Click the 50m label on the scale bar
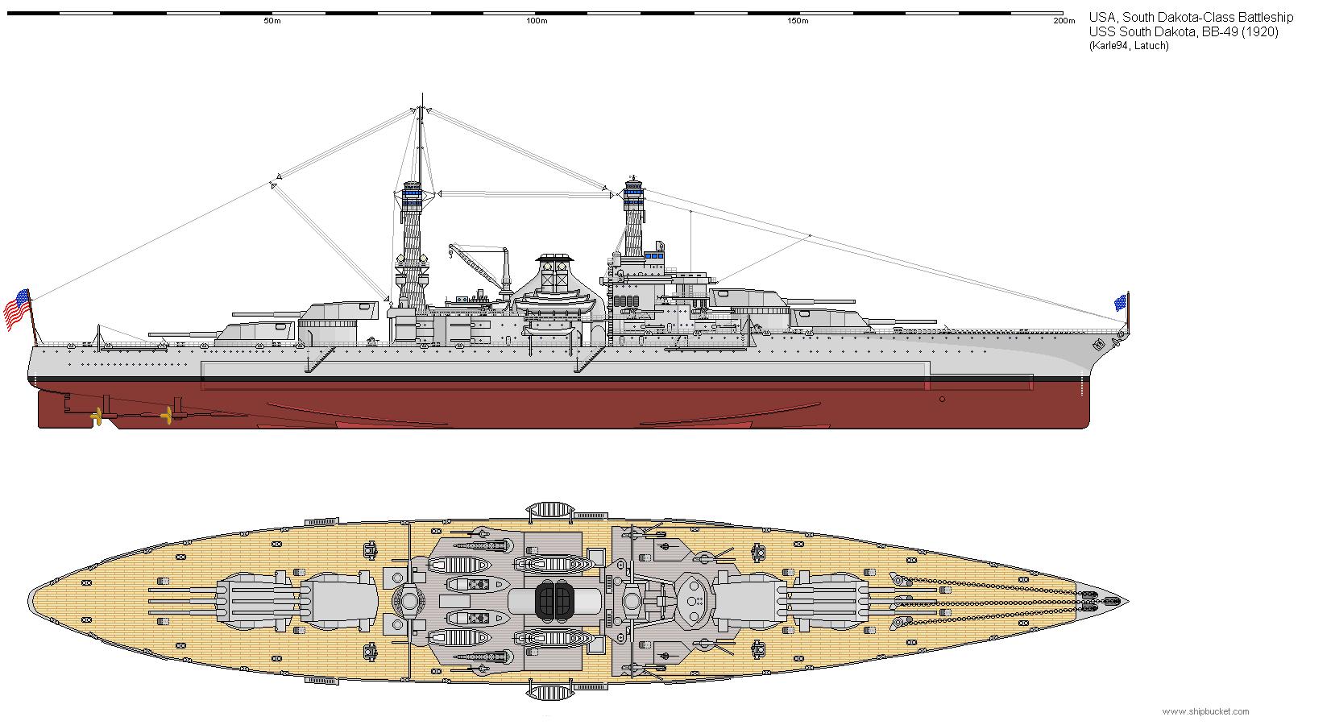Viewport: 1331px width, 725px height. (272, 22)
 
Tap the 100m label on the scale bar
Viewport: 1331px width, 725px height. (537, 22)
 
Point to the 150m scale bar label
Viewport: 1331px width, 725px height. (798, 22)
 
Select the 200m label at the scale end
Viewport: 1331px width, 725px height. (1064, 22)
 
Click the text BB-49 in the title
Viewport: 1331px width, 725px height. (1214, 32)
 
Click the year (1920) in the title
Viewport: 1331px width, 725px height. (1256, 32)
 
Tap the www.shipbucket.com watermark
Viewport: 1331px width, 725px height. (1205, 711)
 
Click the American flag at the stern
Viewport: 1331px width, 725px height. (17, 309)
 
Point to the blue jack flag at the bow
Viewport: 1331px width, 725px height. (1120, 303)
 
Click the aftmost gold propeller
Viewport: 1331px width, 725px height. (97, 416)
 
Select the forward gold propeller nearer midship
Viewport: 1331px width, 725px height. (167, 416)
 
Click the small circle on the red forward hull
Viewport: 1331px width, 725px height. (943, 399)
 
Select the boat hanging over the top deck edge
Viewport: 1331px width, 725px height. (549, 510)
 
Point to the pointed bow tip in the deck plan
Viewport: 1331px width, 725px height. (1125, 602)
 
